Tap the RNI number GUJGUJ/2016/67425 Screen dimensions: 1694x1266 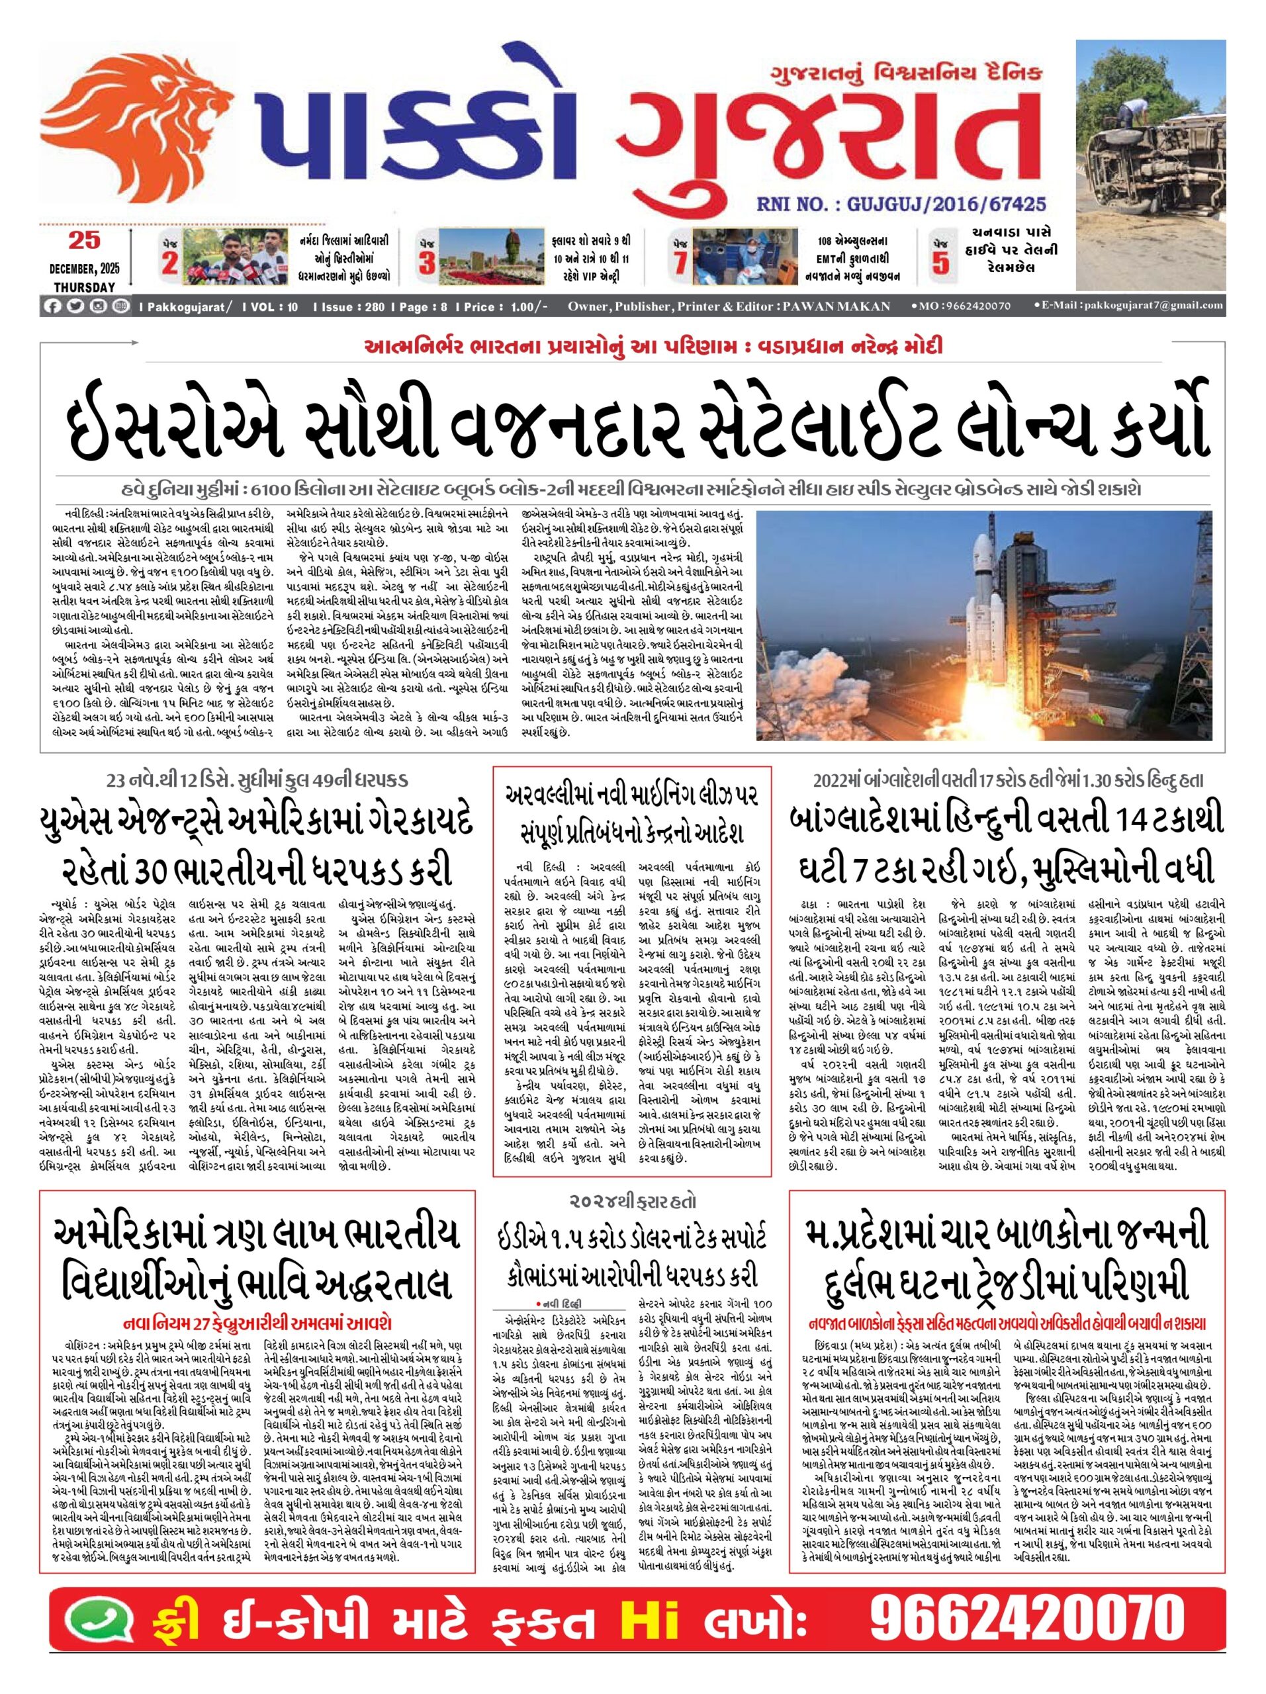[900, 204]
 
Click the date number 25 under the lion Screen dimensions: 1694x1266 [83, 240]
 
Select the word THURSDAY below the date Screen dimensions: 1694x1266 [84, 287]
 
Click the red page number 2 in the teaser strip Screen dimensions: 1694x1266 [169, 262]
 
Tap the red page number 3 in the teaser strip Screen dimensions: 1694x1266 [427, 263]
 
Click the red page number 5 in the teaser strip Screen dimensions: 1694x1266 [940, 262]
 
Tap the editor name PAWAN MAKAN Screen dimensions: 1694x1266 [836, 306]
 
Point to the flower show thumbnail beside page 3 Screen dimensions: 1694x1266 [483, 257]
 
